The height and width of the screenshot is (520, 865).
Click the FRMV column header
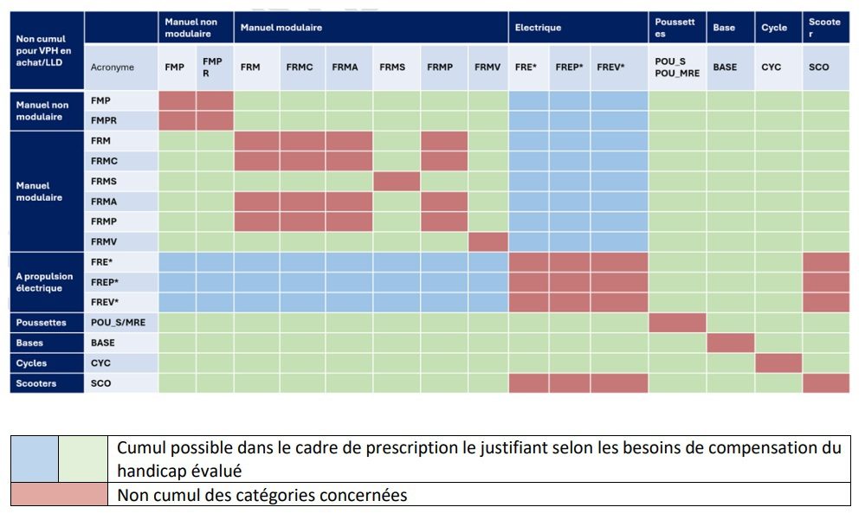pos(487,67)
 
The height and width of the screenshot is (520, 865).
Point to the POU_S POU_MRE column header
pos(677,67)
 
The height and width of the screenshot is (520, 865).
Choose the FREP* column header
pos(569,67)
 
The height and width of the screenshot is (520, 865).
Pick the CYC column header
pos(778,67)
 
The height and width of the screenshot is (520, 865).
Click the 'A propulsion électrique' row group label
pos(48,282)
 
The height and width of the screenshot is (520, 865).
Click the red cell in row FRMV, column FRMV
pos(487,242)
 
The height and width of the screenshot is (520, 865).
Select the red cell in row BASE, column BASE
pos(730,343)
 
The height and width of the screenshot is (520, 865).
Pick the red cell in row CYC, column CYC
pos(778,363)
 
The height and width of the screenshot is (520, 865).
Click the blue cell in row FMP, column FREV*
pos(619,100)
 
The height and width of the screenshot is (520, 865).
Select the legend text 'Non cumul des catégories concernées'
pos(261,496)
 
